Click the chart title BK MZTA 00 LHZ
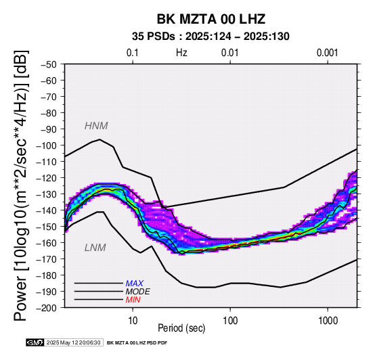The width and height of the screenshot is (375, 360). pyautogui.click(x=211, y=19)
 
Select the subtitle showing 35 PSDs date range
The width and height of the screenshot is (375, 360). pyautogui.click(x=211, y=37)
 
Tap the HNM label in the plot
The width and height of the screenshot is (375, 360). pyautogui.click(x=96, y=126)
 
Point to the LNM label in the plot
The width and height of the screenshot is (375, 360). pyautogui.click(x=95, y=248)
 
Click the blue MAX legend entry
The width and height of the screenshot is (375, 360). pyautogui.click(x=135, y=284)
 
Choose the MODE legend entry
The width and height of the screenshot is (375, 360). pyautogui.click(x=138, y=292)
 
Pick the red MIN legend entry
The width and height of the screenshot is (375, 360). pyautogui.click(x=133, y=300)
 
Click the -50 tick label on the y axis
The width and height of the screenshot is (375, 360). pyautogui.click(x=48, y=64)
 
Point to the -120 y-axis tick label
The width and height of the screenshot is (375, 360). pyautogui.click(x=46, y=178)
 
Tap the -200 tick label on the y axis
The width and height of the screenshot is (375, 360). pyautogui.click(x=46, y=308)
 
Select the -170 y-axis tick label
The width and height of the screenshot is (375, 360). pyautogui.click(x=46, y=259)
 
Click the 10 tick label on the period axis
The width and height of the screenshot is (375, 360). pyautogui.click(x=133, y=321)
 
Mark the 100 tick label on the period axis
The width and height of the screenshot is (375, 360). pyautogui.click(x=230, y=321)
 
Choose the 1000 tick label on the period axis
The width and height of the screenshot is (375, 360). pyautogui.click(x=328, y=321)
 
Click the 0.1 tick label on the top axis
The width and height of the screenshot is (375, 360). pyautogui.click(x=133, y=53)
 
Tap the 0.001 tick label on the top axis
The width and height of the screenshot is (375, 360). pyautogui.click(x=328, y=53)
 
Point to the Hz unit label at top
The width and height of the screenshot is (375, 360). pyautogui.click(x=181, y=53)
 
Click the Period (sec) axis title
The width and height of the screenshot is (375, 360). pyautogui.click(x=181, y=328)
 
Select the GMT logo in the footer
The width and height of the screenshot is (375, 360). pyautogui.click(x=35, y=342)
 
